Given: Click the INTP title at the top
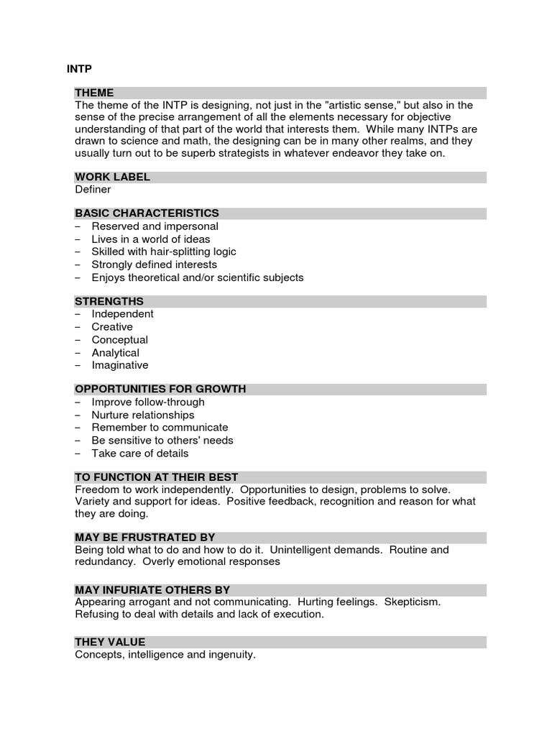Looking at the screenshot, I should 79,69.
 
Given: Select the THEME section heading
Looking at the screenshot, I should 94,93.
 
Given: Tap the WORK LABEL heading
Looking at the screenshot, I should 112,177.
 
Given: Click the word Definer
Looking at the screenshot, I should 93,190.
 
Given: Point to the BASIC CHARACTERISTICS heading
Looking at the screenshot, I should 147,213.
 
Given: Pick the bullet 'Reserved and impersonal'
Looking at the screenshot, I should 155,226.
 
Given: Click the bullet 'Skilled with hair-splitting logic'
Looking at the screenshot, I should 163,252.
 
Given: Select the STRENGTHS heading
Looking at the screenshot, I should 109,301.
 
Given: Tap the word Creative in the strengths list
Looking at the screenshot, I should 112,327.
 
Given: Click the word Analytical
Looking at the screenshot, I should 115,353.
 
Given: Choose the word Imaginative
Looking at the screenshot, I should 120,365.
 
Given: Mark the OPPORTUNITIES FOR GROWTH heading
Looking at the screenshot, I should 160,389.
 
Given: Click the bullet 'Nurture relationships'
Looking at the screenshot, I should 142,415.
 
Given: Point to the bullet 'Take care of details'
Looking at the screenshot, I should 139,454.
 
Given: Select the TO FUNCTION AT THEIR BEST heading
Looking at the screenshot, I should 156,477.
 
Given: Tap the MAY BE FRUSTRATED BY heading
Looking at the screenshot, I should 144,538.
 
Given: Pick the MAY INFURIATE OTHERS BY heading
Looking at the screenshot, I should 152,590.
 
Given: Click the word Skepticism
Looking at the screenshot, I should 413,602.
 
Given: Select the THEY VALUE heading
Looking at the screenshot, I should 110,642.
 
